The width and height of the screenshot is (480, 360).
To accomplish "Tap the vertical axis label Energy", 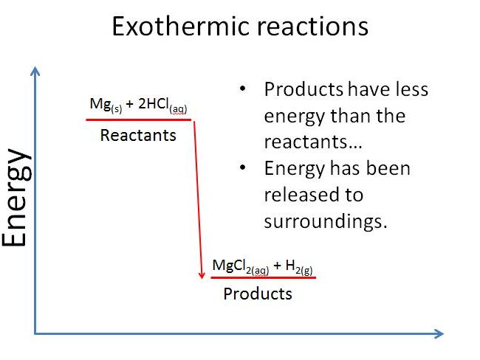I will coord(16,198).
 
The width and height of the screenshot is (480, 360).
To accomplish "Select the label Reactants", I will coord(138,135).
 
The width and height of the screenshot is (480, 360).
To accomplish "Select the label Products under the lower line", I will coord(258,294).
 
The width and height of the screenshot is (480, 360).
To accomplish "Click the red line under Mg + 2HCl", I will coord(139,120).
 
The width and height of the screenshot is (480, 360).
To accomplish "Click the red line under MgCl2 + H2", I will coord(263,277).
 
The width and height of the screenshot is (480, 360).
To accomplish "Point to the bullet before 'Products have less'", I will coord(244,90).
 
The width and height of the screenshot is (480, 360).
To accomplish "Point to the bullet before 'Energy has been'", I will coord(244,169).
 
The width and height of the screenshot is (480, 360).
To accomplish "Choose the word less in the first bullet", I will coord(411,90).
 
